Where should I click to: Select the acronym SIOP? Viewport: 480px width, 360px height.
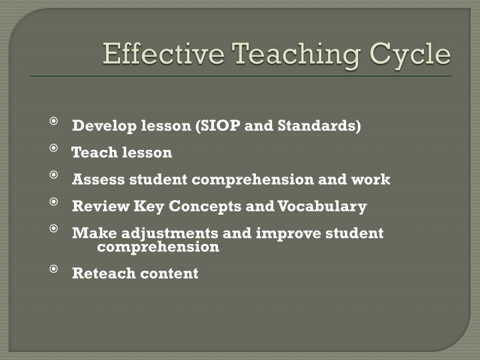click(219, 126)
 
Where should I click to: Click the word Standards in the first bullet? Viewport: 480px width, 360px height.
click(325, 126)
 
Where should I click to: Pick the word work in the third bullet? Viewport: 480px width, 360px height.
click(373, 179)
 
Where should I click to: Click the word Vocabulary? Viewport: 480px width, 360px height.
click(323, 206)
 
